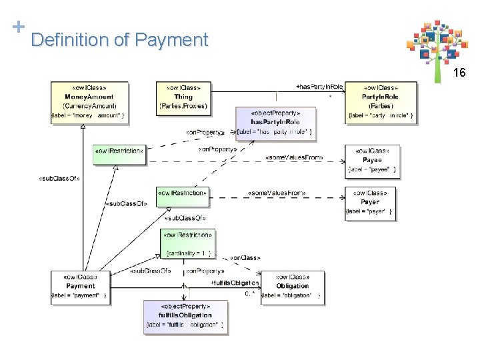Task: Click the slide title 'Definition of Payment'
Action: tap(119, 40)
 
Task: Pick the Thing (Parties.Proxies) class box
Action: tap(183, 96)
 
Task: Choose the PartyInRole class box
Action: tap(381, 101)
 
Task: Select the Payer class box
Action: tap(369, 203)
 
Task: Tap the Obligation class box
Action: tap(292, 287)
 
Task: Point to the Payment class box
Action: tap(80, 287)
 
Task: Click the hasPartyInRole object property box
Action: tap(275, 122)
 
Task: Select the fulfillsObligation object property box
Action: tap(185, 316)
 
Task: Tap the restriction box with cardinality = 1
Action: tap(188, 243)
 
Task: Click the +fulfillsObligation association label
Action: tap(234, 283)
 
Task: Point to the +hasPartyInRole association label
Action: tap(319, 86)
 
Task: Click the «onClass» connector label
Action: tap(245, 257)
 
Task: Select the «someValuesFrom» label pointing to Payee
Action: tap(294, 157)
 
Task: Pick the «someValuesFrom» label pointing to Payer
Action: tap(277, 193)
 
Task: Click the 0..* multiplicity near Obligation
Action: tap(250, 293)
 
